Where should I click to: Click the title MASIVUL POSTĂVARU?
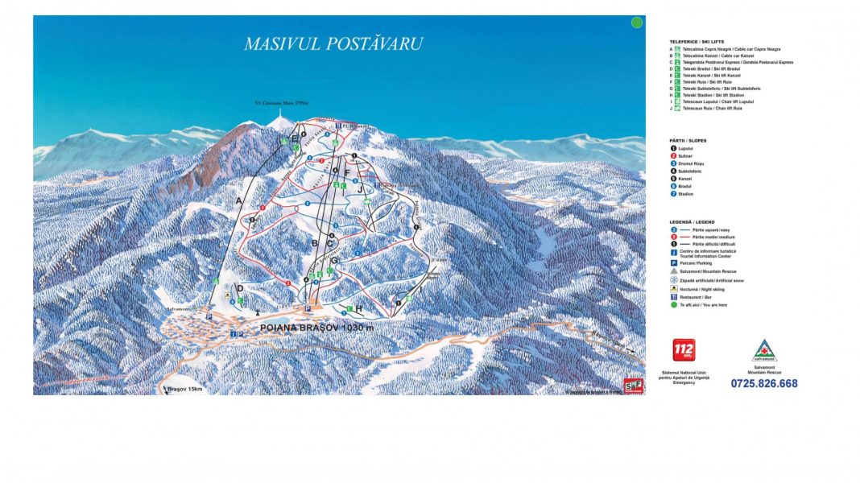point(333,43)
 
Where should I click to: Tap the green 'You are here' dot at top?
point(637,23)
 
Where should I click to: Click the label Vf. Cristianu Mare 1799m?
point(281,103)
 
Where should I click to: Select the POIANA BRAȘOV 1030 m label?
point(317,328)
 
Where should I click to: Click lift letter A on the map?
point(238,200)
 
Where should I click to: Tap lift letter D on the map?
point(240,288)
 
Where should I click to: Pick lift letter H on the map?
point(359,308)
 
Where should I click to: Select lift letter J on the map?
point(360,189)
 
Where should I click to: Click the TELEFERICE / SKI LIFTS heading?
point(691,42)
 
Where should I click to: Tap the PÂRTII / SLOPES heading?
point(688,141)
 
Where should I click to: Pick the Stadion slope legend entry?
point(685,194)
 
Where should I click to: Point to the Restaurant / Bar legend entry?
point(697,297)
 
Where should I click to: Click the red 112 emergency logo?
point(684,350)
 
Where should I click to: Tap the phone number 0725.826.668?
point(764,384)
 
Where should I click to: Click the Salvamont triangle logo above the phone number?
point(764,351)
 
